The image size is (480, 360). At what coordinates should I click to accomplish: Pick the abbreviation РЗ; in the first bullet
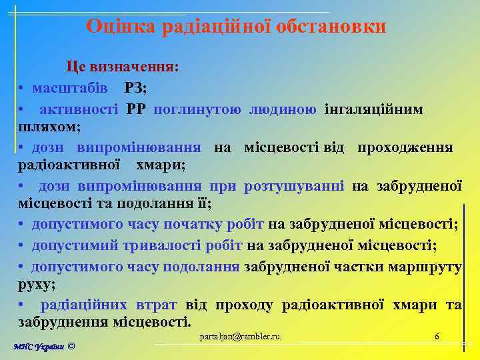point(135,88)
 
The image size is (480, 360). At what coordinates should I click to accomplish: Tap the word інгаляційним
point(373,109)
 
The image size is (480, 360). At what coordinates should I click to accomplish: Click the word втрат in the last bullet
point(156,305)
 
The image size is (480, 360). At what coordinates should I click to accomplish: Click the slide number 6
point(437,337)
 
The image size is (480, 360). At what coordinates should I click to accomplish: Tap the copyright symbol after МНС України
point(71,348)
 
